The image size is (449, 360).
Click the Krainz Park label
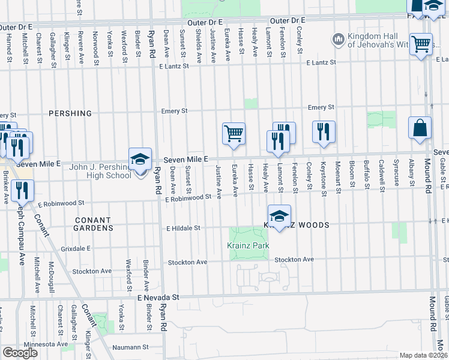tap(247, 245)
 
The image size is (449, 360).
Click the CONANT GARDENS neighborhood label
tap(94, 224)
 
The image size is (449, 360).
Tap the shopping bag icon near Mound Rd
tap(420, 128)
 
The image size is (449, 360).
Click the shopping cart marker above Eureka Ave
tap(234, 133)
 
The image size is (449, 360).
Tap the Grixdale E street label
tap(75, 247)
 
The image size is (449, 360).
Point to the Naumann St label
tap(132, 347)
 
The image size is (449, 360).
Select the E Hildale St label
tap(183, 228)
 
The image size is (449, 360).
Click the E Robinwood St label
tap(188, 197)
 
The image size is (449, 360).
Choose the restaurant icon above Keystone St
tap(324, 131)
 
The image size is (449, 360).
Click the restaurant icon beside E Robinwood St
tap(23, 191)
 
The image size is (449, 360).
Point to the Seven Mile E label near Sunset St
tap(187, 158)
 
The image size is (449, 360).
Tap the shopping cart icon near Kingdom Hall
tap(421, 44)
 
